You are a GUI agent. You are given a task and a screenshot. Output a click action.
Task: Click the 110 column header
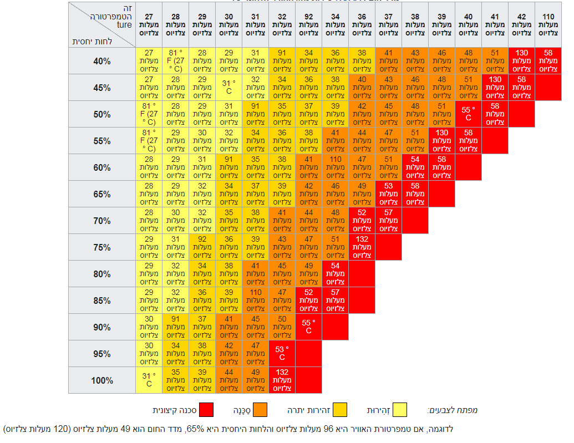[548, 25]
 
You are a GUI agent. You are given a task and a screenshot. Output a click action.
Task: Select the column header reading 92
[308, 25]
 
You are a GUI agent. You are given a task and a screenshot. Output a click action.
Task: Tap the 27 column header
[149, 25]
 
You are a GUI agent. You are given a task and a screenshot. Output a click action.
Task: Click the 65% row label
[102, 194]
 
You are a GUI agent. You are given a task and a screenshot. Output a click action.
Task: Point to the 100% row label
[102, 380]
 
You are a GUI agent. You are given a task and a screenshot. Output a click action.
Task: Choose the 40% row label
[102, 61]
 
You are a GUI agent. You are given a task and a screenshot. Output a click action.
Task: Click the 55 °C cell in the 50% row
[468, 114]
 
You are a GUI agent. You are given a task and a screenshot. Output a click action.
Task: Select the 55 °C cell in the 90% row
[308, 327]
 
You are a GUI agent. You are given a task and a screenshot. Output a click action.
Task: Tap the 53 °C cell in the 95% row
[282, 353]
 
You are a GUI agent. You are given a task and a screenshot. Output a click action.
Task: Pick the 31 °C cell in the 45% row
[228, 87]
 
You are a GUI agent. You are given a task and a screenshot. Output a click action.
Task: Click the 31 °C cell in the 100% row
[149, 380]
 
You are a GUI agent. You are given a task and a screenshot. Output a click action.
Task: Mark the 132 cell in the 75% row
[362, 247]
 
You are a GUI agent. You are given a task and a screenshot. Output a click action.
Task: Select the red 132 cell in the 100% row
[282, 380]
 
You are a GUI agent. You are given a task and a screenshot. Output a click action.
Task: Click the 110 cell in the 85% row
[255, 300]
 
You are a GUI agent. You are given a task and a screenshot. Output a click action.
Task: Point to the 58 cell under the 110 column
[548, 60]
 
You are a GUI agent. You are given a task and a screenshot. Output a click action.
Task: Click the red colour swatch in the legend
[206, 410]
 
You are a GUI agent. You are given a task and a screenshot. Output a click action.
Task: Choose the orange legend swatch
[260, 410]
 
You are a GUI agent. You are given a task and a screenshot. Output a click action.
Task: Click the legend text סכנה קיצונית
[174, 410]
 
